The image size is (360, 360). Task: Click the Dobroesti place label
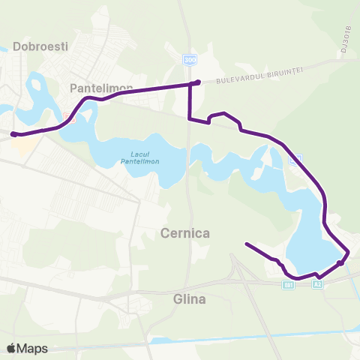pos(45,46)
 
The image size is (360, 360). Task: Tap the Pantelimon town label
pos(100,88)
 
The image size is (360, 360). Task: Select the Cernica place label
pos(184,233)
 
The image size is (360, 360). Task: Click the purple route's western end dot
pos(13,135)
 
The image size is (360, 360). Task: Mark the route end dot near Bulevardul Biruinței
pos(197,82)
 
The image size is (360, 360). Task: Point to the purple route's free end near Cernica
pos(247,244)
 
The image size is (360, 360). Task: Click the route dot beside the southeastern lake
pos(340,262)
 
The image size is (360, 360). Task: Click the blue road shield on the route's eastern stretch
pos(295,159)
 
